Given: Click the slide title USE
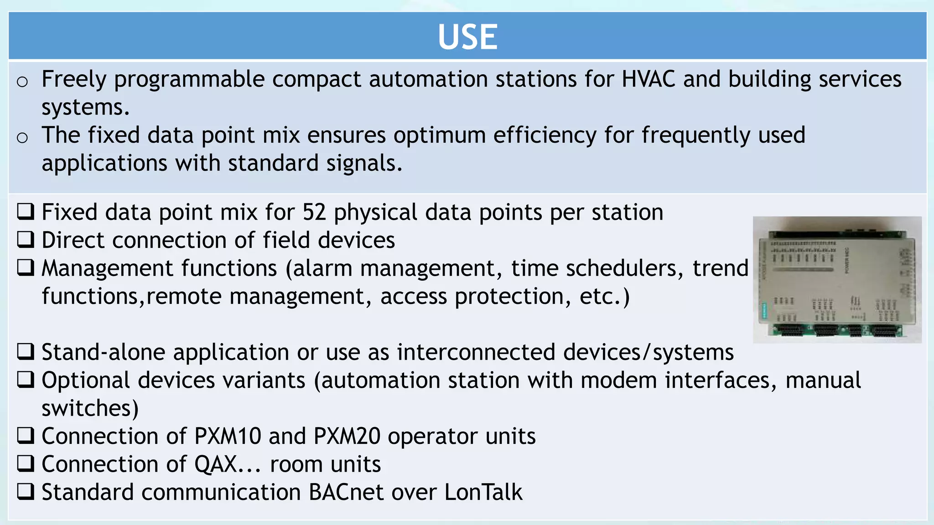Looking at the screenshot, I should [467, 37].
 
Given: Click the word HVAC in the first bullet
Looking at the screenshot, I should [648, 79].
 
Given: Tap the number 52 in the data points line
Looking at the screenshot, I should [314, 212].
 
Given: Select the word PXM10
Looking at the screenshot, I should [228, 436].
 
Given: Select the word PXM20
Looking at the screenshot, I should [347, 436].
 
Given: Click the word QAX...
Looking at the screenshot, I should [216, 464].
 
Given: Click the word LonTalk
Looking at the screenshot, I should [483, 492].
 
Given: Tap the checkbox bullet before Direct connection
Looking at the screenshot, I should [26, 239].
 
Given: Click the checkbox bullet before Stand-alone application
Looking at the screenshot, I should [26, 351].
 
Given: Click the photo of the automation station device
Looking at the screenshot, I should [837, 280].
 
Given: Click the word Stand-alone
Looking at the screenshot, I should [103, 352].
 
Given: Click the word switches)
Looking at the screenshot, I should [90, 408].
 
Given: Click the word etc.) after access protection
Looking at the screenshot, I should [605, 297].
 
